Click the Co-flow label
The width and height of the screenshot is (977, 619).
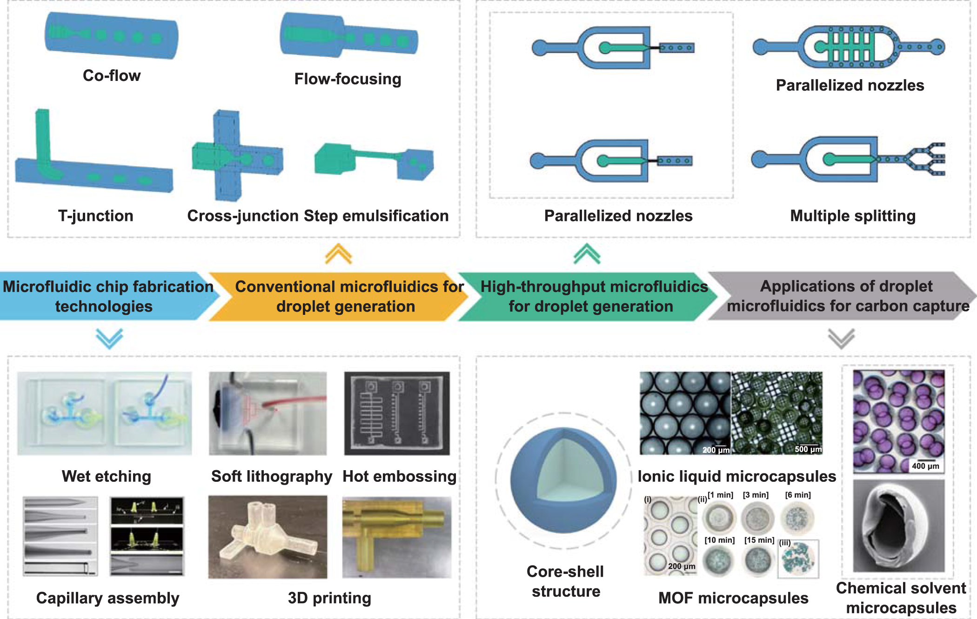coord(112,75)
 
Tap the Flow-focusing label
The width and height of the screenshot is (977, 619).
coord(348,79)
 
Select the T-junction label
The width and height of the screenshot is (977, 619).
coord(95,216)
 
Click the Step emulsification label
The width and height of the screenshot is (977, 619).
coord(376,216)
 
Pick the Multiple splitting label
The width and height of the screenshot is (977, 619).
coord(852,216)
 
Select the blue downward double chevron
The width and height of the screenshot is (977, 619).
coord(109,338)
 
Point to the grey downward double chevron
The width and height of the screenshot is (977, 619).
coord(841,338)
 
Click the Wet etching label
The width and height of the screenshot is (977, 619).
coord(107,476)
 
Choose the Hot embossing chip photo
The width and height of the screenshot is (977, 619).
coord(397,413)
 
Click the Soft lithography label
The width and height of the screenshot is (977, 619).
coord(272,476)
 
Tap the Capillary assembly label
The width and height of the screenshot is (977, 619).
coord(107,598)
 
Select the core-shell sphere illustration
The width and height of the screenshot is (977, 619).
coord(563,480)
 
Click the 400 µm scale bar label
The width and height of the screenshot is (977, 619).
coord(925,466)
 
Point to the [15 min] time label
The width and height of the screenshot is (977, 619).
coord(759,540)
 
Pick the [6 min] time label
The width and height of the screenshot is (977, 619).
coord(798,495)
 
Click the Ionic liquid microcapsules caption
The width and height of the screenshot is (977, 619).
coord(736,476)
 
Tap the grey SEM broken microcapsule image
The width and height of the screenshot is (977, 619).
coord(898,526)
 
